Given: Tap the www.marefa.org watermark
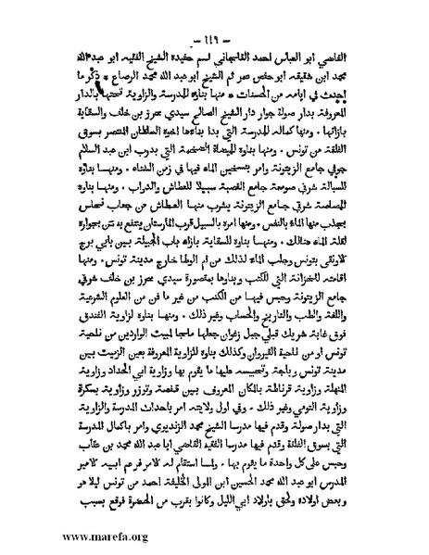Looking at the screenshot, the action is coord(82,535).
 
